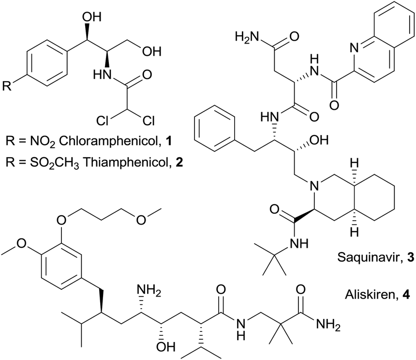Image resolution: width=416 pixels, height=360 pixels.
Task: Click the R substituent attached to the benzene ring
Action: (x=7, y=86)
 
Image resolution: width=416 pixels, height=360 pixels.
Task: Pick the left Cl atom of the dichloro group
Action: (x=103, y=120)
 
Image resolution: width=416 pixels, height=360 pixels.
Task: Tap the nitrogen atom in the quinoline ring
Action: (x=354, y=48)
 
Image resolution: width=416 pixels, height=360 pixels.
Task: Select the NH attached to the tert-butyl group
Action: (x=299, y=243)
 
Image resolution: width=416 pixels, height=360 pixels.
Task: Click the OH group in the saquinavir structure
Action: (x=319, y=140)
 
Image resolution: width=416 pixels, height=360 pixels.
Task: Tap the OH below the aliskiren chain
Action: (x=165, y=346)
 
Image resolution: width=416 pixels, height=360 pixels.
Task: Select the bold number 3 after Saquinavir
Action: (x=410, y=257)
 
